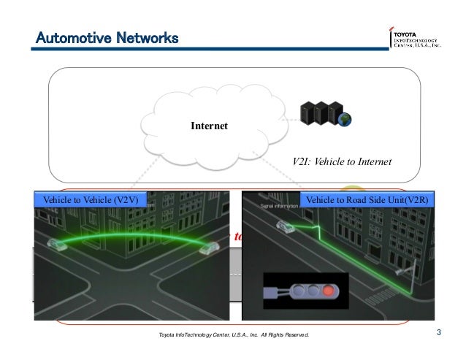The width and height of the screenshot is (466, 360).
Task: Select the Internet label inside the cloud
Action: click(209, 126)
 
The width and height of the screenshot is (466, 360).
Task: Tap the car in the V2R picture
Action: click(286, 228)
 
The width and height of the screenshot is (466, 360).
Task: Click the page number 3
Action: click(438, 334)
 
